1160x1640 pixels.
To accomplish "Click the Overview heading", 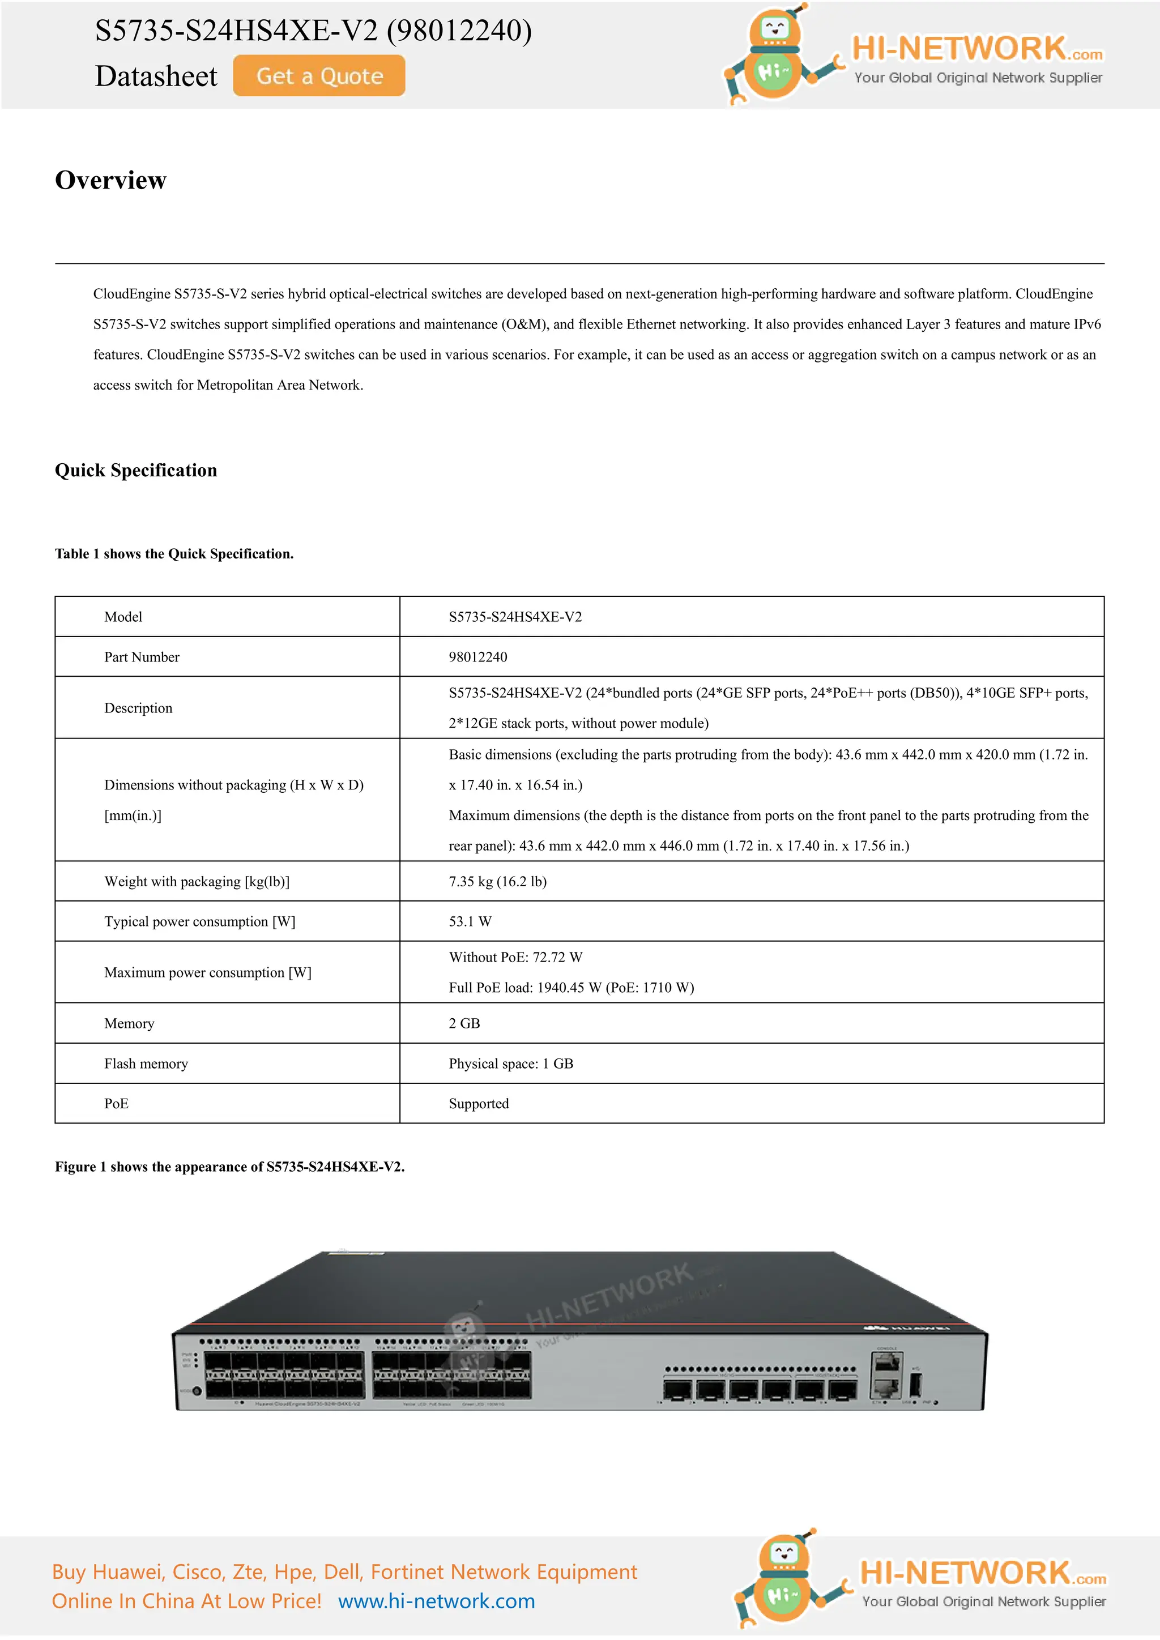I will [x=110, y=180].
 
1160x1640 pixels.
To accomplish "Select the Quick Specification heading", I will [x=136, y=470].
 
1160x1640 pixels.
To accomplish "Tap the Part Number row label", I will [x=142, y=657].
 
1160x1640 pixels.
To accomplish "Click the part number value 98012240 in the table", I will [x=478, y=657].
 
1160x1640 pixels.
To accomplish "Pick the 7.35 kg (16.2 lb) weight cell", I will [x=497, y=881].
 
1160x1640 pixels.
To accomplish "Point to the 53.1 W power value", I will [x=470, y=921].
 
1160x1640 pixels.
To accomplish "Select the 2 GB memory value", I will [x=464, y=1023].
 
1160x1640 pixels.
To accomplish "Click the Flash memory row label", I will [x=146, y=1064].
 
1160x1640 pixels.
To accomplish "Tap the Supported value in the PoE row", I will [x=479, y=1104].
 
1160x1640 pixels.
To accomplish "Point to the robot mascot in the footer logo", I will [x=783, y=1579].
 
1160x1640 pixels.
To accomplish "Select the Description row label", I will [x=138, y=708].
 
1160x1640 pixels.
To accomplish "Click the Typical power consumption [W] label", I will [x=199, y=921].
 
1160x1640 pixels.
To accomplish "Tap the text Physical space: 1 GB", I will [x=511, y=1064].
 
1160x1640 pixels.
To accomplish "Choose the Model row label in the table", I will [x=123, y=617].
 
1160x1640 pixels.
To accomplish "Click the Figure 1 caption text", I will [x=229, y=1167].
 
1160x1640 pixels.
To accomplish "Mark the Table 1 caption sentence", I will [x=174, y=554].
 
